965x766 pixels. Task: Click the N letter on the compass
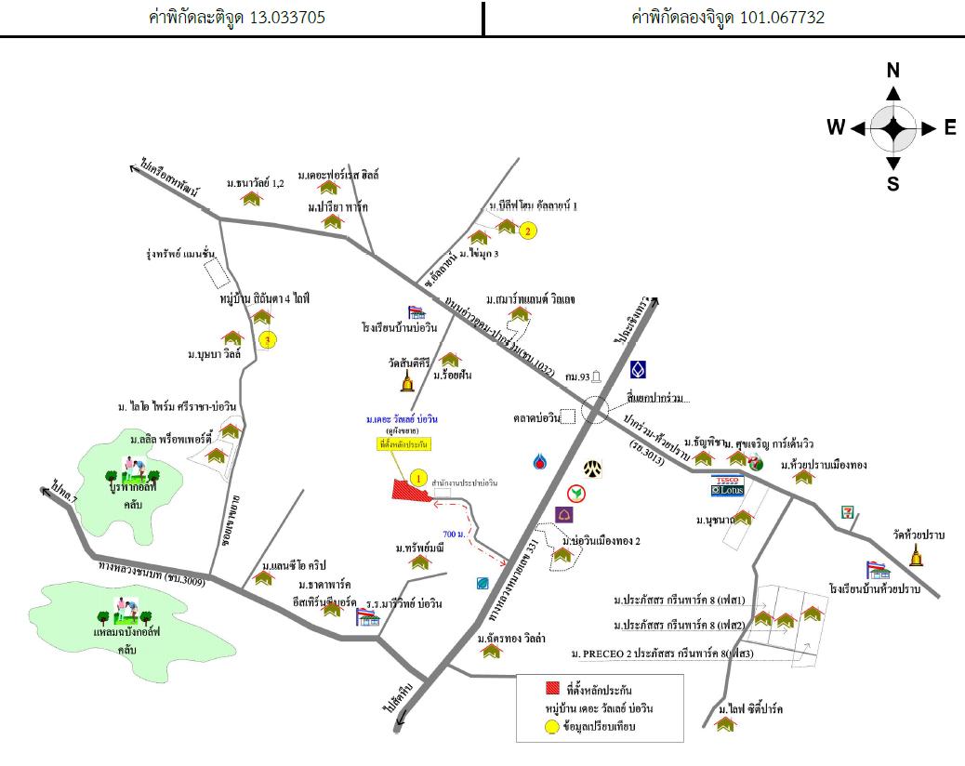point(893,71)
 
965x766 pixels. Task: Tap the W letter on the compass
point(836,128)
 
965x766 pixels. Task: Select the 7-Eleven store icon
point(848,511)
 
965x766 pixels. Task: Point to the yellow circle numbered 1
point(419,478)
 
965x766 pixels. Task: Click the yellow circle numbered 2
point(527,231)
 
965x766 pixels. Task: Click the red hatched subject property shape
point(410,493)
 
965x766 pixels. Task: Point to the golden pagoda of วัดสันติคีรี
point(407,381)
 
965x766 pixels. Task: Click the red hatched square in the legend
point(550,691)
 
